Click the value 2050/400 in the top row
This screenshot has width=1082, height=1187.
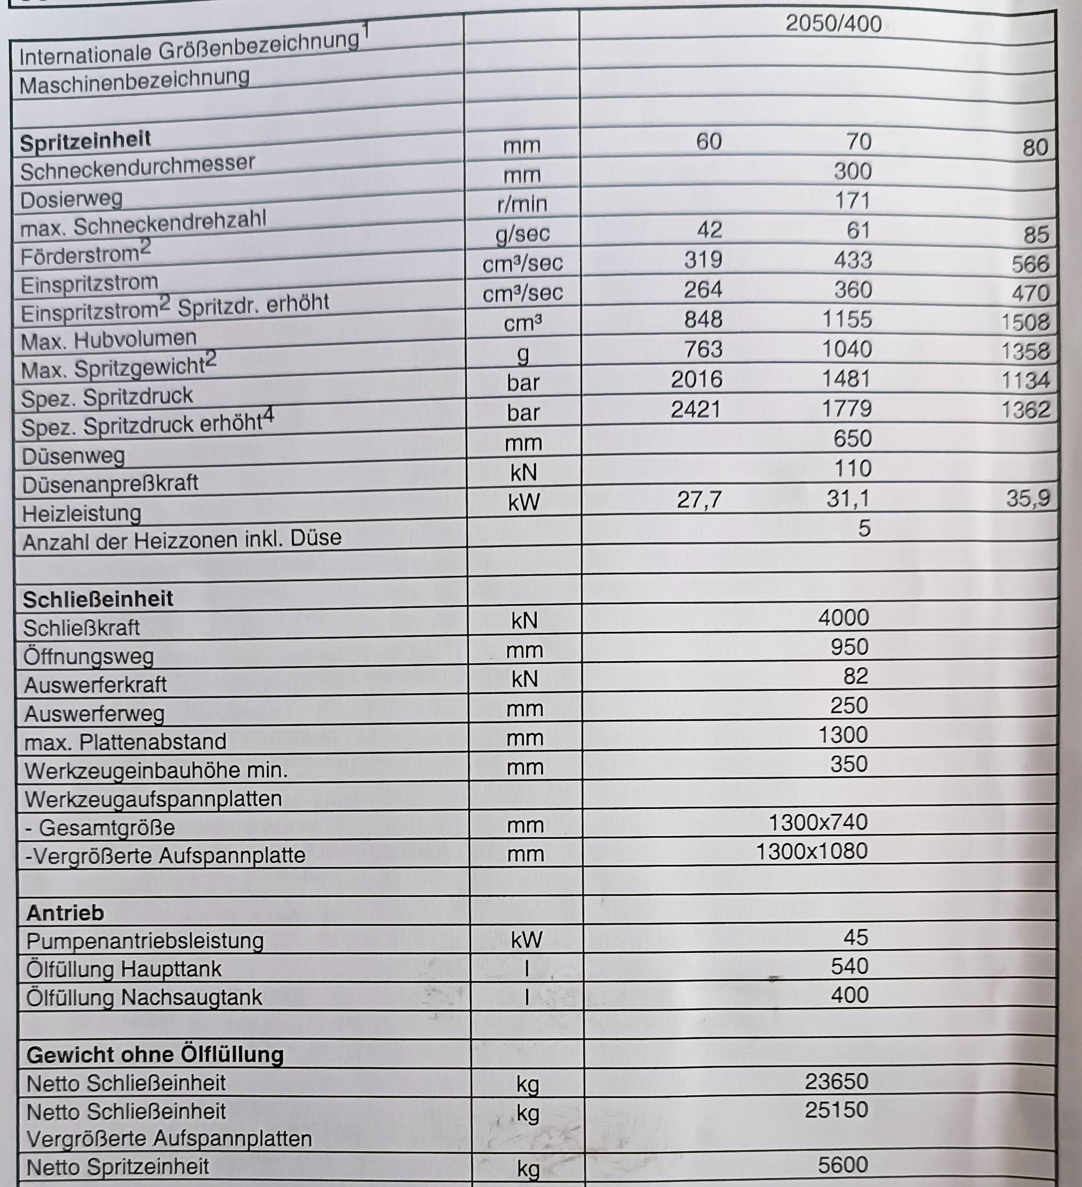[833, 24]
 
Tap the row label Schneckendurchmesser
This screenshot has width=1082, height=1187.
[137, 168]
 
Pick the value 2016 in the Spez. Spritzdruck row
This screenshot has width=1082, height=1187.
[696, 379]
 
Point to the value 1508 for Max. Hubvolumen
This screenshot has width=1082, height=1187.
[1025, 322]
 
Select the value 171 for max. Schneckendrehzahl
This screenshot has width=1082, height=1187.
[852, 201]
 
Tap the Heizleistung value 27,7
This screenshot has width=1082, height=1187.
[698, 500]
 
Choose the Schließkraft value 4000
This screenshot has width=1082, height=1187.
[844, 617]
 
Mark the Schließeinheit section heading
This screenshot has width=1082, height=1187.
[98, 599]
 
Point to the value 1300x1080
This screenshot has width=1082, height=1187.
[811, 851]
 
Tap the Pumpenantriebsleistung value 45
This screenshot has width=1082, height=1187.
[855, 937]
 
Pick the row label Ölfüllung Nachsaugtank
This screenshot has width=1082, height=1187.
[144, 997]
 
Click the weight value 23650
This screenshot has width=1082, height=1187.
[837, 1081]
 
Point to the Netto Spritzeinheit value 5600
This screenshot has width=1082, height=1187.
[843, 1165]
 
